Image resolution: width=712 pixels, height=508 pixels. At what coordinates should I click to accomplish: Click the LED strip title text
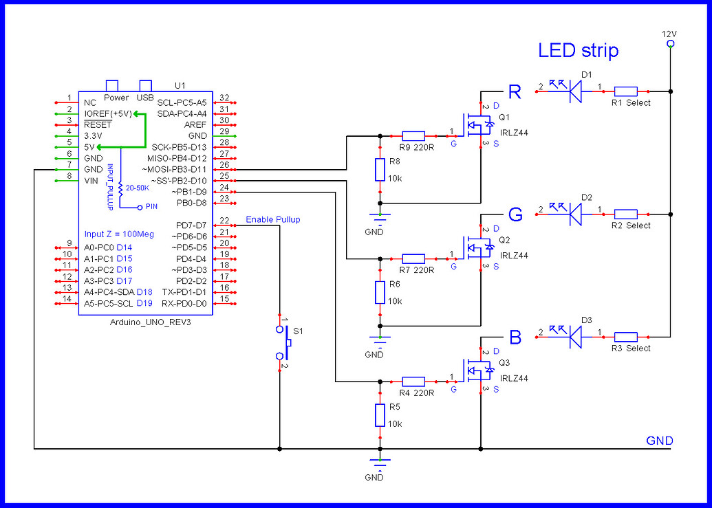coord(578,50)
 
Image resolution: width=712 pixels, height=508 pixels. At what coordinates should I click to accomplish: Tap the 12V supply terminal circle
coord(670,44)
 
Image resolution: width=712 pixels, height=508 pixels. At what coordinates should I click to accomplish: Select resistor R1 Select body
coord(625,91)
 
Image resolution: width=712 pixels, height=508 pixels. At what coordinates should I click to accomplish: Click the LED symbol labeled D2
coord(576,214)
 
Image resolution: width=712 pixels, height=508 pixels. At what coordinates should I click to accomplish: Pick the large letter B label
coord(515,338)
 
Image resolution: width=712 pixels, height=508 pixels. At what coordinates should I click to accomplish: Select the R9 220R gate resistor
coord(413,136)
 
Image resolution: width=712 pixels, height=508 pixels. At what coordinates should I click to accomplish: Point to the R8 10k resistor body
coord(379,170)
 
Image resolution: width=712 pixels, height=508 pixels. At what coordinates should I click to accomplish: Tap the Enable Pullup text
coord(272,220)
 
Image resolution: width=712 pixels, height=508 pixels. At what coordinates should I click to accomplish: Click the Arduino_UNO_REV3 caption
coord(150,322)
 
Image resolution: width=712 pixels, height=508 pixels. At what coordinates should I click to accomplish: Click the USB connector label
coord(145,98)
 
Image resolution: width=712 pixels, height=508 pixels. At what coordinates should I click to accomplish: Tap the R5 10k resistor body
coord(379,415)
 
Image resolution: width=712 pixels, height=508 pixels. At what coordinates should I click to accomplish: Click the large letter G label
coord(516,214)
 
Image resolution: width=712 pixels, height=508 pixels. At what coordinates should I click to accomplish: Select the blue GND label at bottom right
coord(659,441)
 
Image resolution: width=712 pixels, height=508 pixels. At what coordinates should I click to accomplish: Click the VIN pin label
coord(91,180)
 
